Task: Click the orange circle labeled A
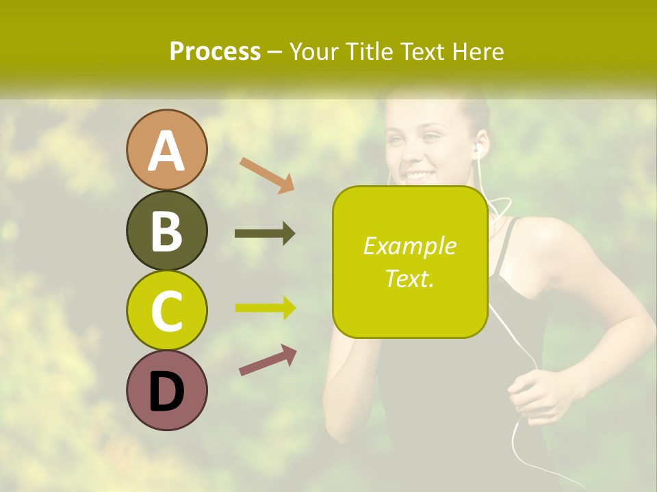click(167, 150)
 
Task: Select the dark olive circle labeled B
click(167, 230)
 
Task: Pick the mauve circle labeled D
click(167, 390)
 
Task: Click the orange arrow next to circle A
click(267, 175)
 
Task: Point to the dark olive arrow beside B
click(265, 234)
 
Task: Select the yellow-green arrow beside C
click(265, 308)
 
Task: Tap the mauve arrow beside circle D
click(268, 360)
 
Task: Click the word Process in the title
click(215, 51)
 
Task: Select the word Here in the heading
click(480, 51)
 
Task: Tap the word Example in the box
click(409, 246)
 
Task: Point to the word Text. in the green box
click(409, 278)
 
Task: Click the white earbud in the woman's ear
click(478, 148)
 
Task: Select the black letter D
click(167, 392)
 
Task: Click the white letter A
click(167, 152)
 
